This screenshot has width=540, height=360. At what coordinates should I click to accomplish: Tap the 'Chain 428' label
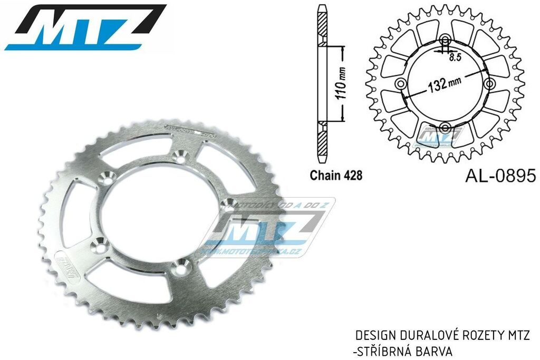click(x=335, y=176)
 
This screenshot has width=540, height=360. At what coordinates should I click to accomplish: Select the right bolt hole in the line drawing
click(x=489, y=84)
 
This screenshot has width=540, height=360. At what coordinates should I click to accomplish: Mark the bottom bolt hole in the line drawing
click(x=445, y=127)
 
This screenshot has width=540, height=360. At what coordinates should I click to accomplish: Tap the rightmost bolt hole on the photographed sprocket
click(x=228, y=203)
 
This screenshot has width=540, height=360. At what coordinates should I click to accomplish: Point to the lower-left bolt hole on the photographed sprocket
click(x=98, y=244)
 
